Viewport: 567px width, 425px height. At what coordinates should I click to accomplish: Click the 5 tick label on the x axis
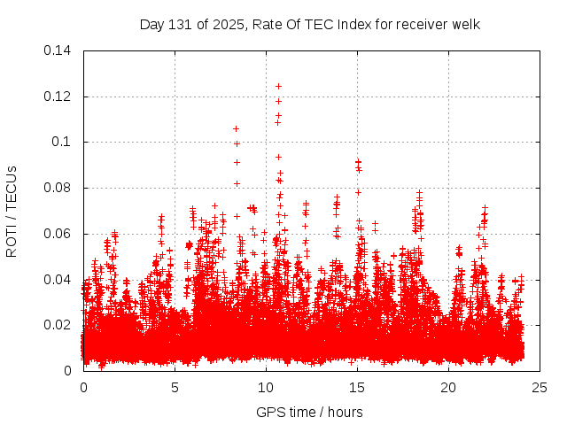click(x=175, y=387)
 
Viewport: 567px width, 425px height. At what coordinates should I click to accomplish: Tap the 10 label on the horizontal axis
click(x=266, y=387)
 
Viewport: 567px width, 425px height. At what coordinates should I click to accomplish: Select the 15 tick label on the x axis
click(x=357, y=387)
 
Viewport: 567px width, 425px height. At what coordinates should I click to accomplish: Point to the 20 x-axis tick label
click(x=448, y=387)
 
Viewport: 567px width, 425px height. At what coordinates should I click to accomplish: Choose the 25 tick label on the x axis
click(x=540, y=387)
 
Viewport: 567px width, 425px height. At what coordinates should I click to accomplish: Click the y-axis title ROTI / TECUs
click(x=12, y=211)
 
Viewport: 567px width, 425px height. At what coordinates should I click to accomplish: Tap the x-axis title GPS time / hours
click(x=310, y=412)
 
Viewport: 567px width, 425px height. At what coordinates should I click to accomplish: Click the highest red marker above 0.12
click(x=278, y=86)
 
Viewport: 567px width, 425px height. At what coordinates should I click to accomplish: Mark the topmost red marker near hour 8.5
click(x=236, y=128)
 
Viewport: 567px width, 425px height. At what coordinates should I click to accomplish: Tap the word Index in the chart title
click(x=352, y=24)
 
